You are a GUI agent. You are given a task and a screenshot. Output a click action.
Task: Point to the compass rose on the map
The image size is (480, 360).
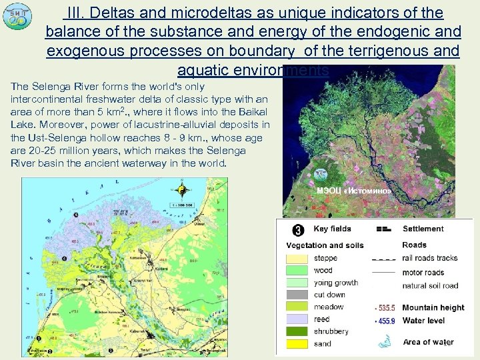181,192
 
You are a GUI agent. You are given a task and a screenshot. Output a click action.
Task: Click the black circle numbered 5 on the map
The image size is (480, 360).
75,215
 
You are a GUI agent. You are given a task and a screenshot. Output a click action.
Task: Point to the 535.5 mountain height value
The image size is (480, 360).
385,308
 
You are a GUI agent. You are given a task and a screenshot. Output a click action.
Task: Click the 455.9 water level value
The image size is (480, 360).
385,321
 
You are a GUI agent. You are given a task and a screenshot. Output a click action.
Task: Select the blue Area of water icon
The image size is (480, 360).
384,343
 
